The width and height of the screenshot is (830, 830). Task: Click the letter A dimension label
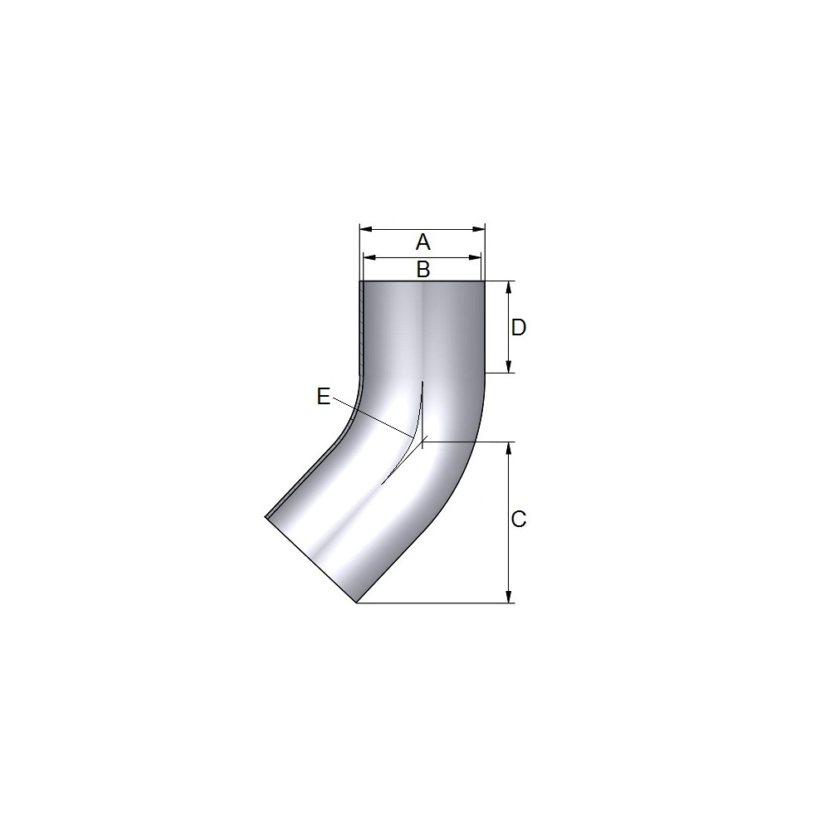point(423,242)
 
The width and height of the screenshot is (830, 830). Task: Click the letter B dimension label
point(423,270)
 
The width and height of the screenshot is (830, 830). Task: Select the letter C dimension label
point(519,520)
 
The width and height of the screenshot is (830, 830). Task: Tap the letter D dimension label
point(519,328)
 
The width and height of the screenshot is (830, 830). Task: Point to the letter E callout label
point(324,396)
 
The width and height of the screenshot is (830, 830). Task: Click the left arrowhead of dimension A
point(366,229)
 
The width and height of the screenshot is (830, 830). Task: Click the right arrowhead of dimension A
point(479,229)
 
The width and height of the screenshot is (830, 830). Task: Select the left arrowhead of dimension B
point(369,258)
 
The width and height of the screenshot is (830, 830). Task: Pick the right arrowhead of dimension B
point(475,258)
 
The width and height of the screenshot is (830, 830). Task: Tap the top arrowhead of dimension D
point(509,287)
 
